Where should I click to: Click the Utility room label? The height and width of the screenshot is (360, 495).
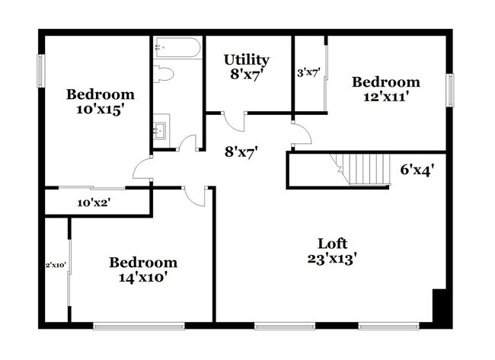tap(246, 59)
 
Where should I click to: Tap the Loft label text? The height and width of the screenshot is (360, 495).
tap(332, 244)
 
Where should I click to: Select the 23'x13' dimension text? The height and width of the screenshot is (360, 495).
tap(332, 258)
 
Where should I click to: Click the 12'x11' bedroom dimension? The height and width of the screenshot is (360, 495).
tap(385, 97)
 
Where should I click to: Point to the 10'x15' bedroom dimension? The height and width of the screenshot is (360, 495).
tap(100, 109)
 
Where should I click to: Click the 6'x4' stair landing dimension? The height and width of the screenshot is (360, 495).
tap(417, 169)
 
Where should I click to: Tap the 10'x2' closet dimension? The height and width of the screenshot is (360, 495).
tap(94, 202)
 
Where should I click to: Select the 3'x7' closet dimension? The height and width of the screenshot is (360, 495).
tap(308, 73)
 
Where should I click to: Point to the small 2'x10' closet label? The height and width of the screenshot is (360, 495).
tap(56, 265)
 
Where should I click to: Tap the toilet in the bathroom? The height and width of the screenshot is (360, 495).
tap(164, 74)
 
